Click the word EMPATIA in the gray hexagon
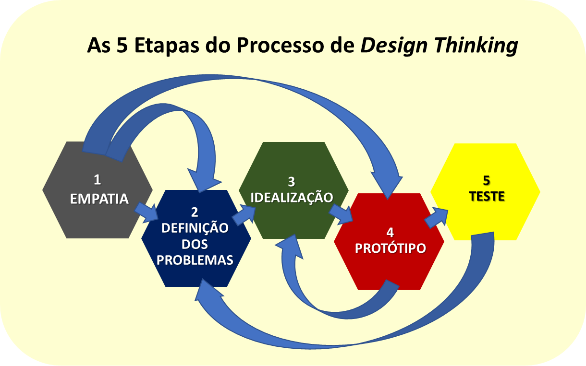[x=99, y=199]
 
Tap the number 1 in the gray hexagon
[x=98, y=180]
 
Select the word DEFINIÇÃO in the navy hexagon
[x=195, y=228]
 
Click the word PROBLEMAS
[x=195, y=260]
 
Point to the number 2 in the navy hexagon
[x=194, y=212]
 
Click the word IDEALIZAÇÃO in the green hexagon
[x=292, y=197]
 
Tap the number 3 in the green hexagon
[x=291, y=181]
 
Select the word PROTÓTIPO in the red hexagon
[x=390, y=248]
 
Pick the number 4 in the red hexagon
[x=390, y=233]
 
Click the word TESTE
[x=487, y=196]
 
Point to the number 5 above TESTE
[x=487, y=180]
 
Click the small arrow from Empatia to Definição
[x=146, y=212]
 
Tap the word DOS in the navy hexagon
[x=195, y=244]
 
